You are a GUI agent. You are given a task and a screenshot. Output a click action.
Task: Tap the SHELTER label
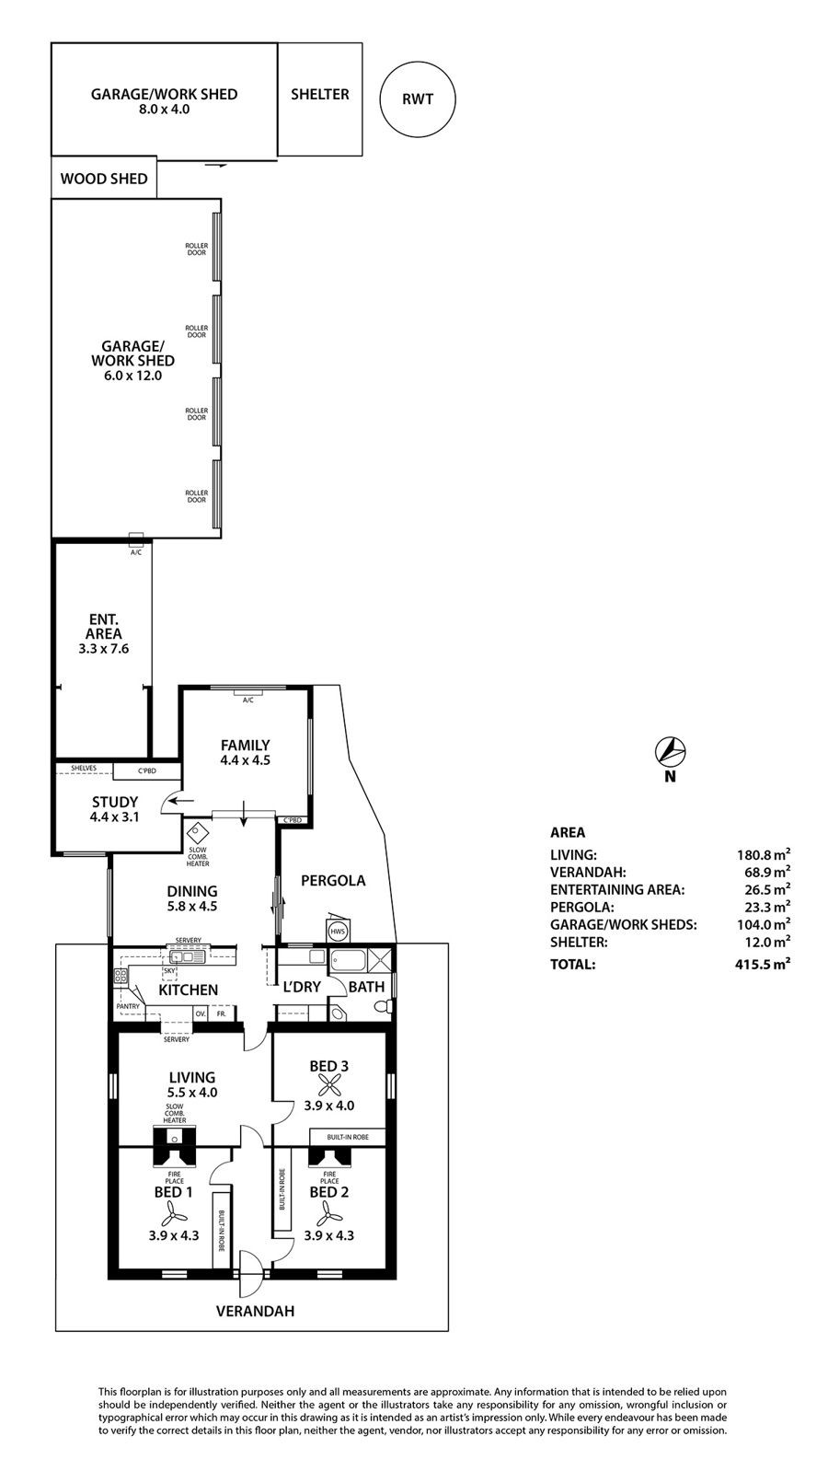coord(319,95)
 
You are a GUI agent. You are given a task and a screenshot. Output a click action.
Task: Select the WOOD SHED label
coord(104,179)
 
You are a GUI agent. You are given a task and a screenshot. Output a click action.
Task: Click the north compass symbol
coord(671,752)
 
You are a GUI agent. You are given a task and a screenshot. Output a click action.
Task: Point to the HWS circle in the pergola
coord(338,931)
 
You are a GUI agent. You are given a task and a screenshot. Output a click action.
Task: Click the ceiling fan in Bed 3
coord(329,1085)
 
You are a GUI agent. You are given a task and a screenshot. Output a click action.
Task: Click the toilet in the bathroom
coord(384,1007)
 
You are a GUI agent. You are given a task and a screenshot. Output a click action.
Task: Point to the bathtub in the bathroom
coord(349,961)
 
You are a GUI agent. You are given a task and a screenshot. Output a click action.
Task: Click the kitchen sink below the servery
coord(187,956)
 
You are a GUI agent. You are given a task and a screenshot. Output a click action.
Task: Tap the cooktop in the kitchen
coord(121,976)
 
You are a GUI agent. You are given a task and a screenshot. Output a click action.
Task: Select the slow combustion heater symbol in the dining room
coord(197,832)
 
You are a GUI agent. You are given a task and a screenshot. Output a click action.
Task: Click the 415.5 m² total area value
coord(763,964)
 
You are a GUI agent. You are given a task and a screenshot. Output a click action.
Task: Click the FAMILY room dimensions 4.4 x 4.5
coord(245,760)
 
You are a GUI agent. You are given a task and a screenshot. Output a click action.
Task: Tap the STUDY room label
coord(115,802)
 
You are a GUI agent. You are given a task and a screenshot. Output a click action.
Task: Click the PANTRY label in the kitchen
coord(128,1006)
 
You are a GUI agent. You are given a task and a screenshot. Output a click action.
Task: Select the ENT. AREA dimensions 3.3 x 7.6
coord(104,649)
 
